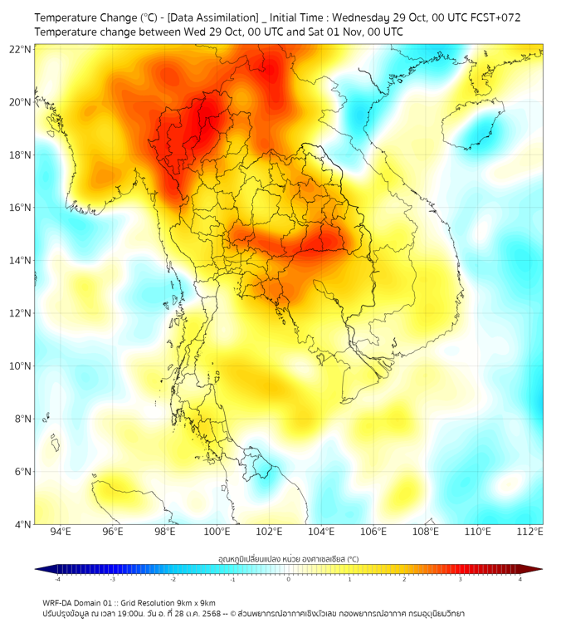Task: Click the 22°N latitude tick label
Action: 21,49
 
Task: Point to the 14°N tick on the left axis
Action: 21,260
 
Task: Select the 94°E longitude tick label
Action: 61,532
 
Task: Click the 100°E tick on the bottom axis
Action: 217,532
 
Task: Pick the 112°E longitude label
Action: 529,532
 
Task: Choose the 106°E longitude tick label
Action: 373,532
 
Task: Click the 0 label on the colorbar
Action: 289,579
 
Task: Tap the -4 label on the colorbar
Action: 57,579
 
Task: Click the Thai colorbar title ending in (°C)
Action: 288,559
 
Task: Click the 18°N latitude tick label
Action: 21,155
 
